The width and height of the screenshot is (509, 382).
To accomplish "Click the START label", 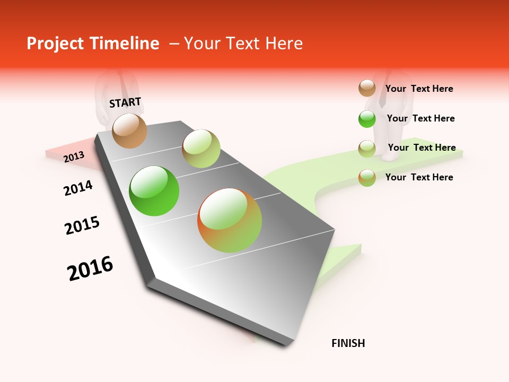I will [125, 102].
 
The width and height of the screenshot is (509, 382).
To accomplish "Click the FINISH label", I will [348, 343].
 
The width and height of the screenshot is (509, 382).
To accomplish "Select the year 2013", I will [74, 157].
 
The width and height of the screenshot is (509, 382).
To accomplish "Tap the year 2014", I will [78, 188].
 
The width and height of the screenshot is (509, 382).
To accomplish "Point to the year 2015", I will [82, 225].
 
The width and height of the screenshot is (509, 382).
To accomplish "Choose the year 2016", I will [90, 268].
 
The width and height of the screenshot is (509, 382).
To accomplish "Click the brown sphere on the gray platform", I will [130, 131].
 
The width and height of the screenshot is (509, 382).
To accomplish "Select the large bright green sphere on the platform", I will [154, 191].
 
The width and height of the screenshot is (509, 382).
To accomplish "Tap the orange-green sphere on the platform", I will [230, 220].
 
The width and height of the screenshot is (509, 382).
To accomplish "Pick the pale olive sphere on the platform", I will [201, 149].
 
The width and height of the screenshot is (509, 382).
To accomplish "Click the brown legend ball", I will [367, 89].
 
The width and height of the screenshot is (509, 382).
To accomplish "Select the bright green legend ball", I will [367, 119].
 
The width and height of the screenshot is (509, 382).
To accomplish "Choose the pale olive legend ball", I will [367, 149].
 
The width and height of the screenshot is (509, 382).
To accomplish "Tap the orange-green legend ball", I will [367, 178].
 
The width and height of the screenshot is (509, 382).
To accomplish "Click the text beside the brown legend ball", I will [419, 89].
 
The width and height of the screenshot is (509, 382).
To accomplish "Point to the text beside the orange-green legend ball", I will [419, 177].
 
